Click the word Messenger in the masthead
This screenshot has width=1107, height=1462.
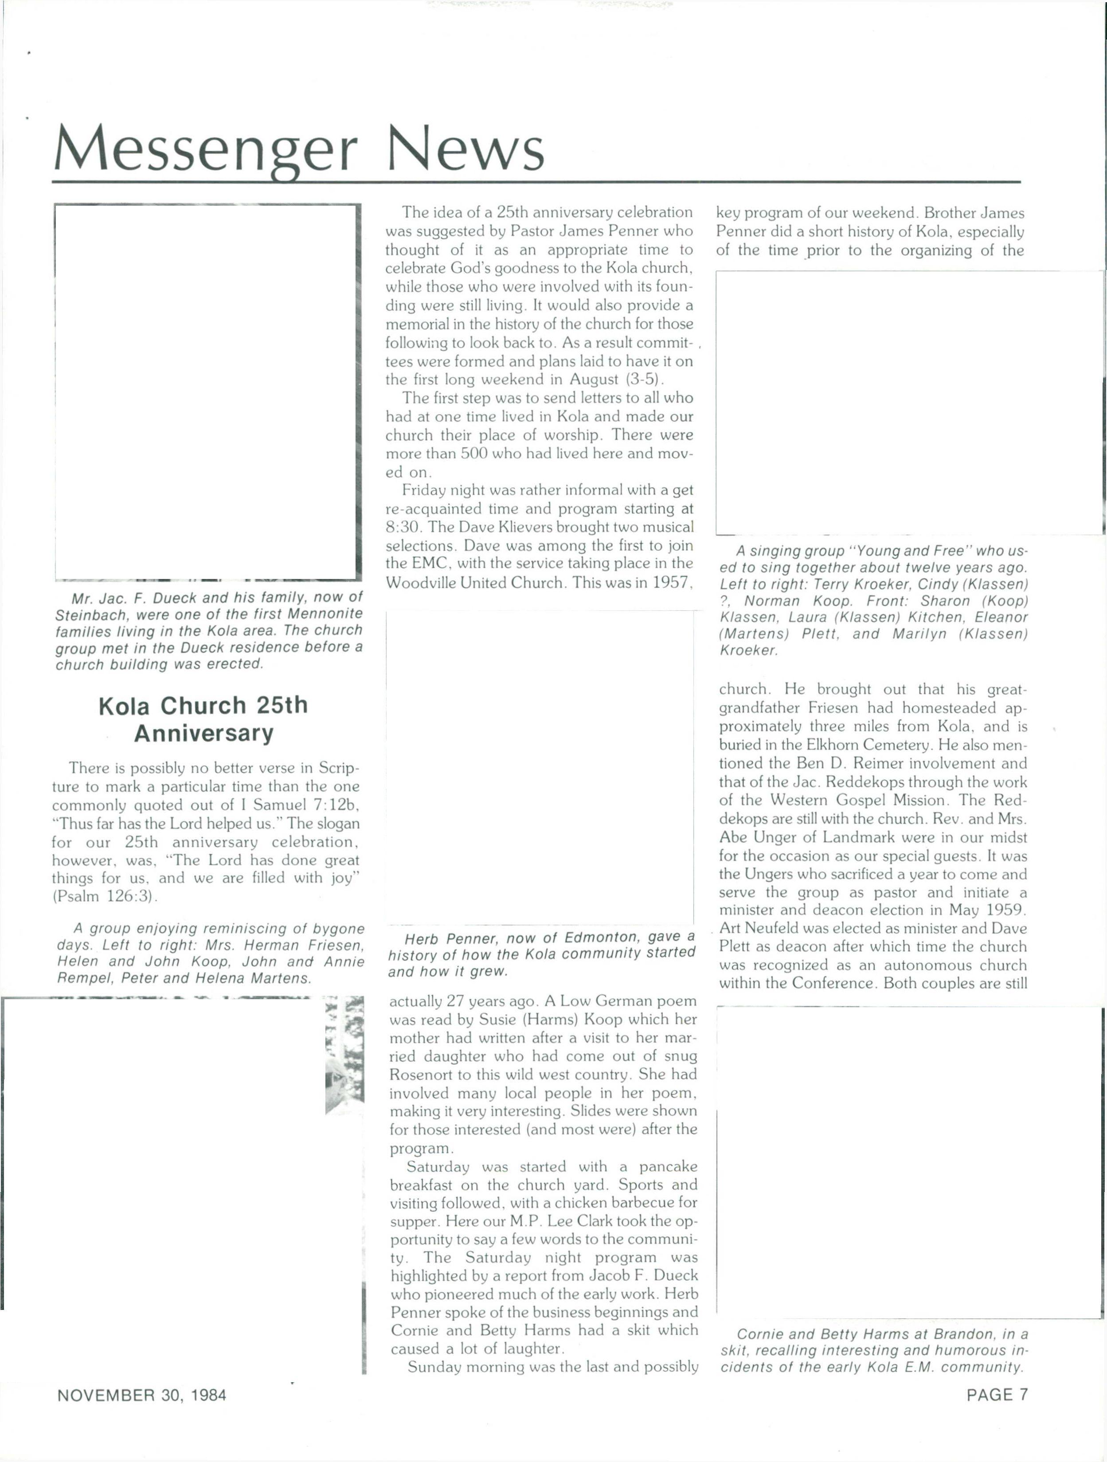tap(205, 149)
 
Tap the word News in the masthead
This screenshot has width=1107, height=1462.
tap(466, 149)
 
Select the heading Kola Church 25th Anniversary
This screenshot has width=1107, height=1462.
tap(203, 719)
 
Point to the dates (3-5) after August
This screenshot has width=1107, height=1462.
tap(644, 379)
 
